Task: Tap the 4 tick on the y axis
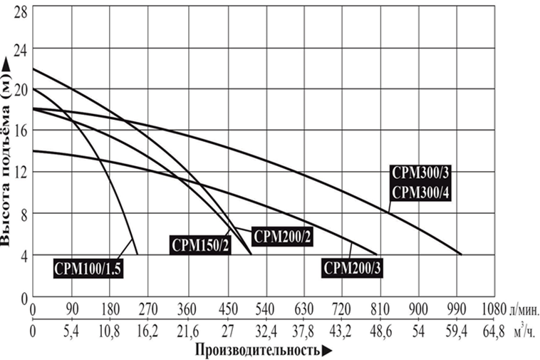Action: point(23,254)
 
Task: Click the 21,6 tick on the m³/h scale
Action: point(188,331)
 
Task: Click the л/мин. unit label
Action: point(524,311)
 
